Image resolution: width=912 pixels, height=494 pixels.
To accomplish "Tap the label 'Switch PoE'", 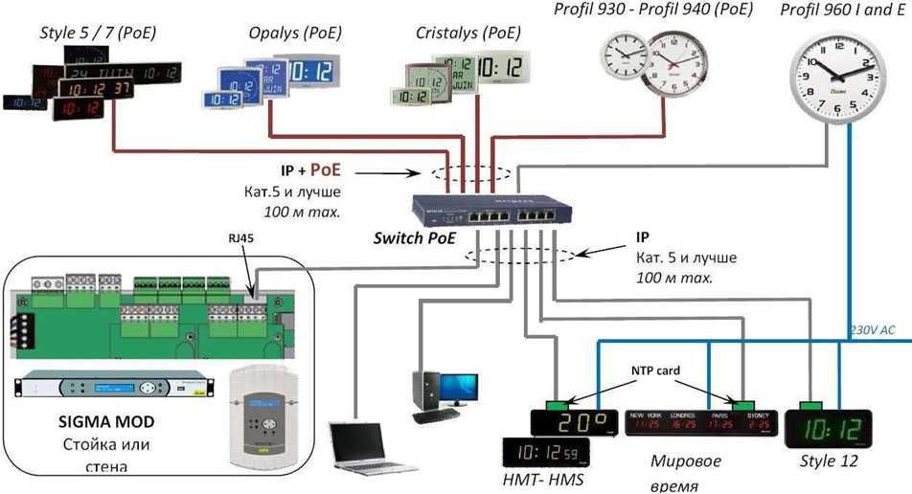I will click(x=415, y=237).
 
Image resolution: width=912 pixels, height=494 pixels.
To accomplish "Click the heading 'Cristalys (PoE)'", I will click(x=468, y=34).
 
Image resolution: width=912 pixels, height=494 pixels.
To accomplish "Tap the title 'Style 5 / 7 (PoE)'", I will click(x=98, y=34).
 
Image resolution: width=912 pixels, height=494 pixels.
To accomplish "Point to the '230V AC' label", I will click(x=872, y=330).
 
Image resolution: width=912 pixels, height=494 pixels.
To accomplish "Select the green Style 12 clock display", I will click(x=828, y=428).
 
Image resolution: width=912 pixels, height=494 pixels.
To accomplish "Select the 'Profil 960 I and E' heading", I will click(x=840, y=10).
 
